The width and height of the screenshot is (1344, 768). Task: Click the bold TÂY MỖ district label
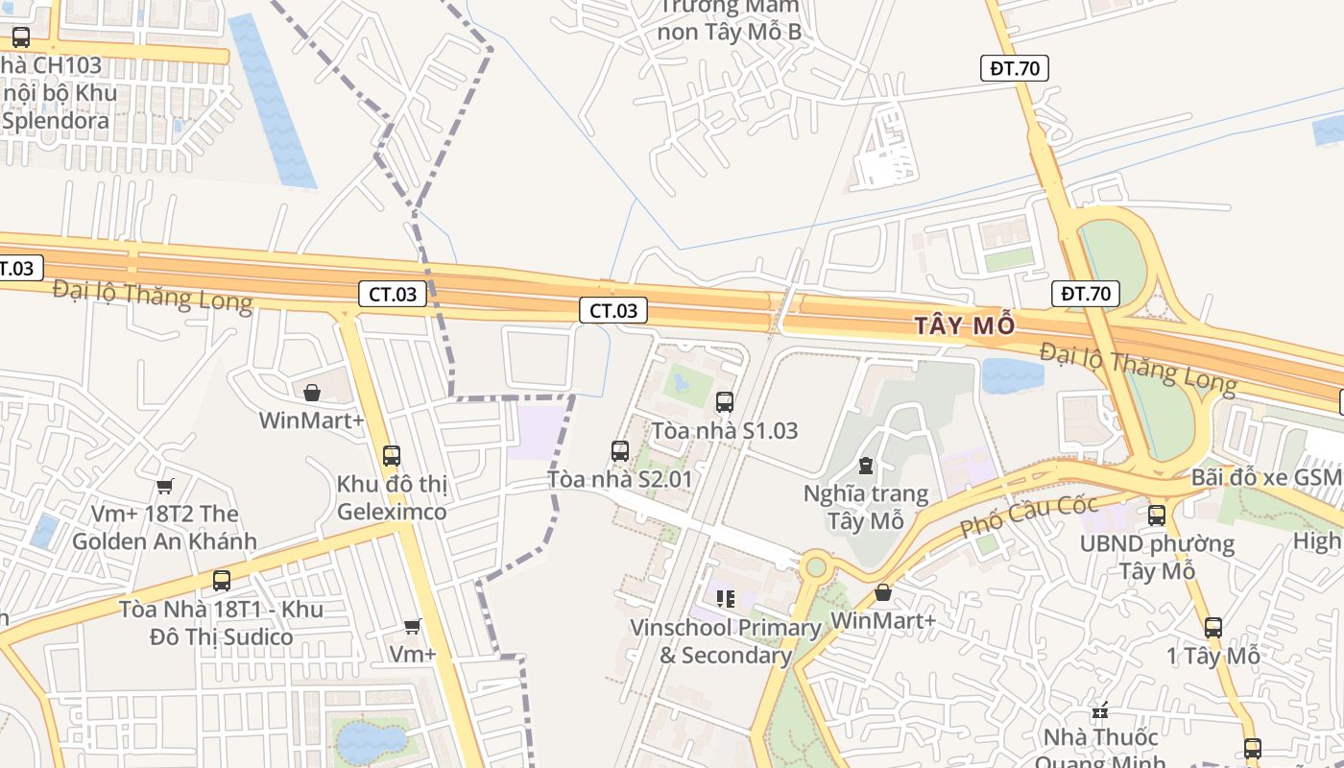pyautogui.click(x=964, y=325)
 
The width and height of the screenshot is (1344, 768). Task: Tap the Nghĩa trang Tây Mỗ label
pyautogui.click(x=866, y=508)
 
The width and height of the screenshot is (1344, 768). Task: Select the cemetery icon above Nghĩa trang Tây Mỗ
pyautogui.click(x=866, y=467)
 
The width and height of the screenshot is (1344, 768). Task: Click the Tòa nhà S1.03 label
pyautogui.click(x=724, y=431)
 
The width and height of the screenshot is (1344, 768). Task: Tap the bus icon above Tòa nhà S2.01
pyautogui.click(x=620, y=450)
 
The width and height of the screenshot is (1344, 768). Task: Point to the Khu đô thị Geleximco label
pyautogui.click(x=392, y=497)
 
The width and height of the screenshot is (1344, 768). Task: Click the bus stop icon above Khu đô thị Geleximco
pyautogui.click(x=392, y=456)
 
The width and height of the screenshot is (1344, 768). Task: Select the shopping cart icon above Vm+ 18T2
pyautogui.click(x=165, y=486)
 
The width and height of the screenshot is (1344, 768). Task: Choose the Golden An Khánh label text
pyautogui.click(x=164, y=541)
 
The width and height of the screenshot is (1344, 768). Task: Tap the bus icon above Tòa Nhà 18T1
pyautogui.click(x=222, y=581)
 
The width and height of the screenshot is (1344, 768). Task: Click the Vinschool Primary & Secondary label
pyautogui.click(x=725, y=641)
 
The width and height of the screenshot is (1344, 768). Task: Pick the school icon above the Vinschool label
pyautogui.click(x=725, y=599)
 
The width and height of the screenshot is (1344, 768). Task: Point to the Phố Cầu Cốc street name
pyautogui.click(x=1029, y=516)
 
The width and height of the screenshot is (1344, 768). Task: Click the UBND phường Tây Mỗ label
pyautogui.click(x=1156, y=557)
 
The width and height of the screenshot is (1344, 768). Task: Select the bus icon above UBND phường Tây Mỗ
pyautogui.click(x=1156, y=516)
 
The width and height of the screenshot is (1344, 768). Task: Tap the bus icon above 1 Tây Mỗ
pyautogui.click(x=1213, y=628)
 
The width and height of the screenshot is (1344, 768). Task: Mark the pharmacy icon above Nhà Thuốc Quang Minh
pyautogui.click(x=1100, y=711)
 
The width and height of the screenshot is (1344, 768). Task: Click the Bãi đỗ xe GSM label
pyautogui.click(x=1265, y=477)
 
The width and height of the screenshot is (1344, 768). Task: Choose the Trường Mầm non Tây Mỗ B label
pyautogui.click(x=729, y=19)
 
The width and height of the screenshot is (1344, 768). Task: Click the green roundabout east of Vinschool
pyautogui.click(x=815, y=566)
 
